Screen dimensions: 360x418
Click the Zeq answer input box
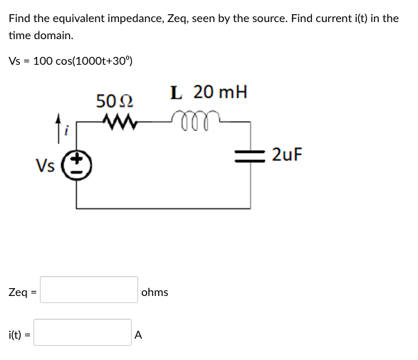tap(89, 290)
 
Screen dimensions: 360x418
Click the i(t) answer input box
tap(83, 332)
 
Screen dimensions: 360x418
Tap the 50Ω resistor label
tap(113, 100)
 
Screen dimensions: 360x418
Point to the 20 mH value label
tap(221, 92)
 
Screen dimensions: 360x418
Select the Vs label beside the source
tap(46, 166)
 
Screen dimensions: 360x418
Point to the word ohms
tap(155, 292)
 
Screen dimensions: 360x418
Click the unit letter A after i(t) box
tap(139, 334)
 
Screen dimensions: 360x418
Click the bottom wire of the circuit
tap(163, 208)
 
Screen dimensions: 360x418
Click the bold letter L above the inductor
tap(177, 92)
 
